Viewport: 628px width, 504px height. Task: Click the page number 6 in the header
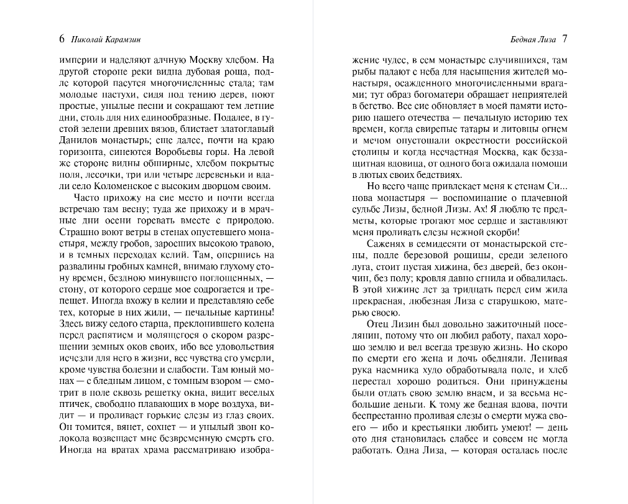(x=62, y=39)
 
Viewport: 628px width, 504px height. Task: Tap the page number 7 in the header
(x=564, y=39)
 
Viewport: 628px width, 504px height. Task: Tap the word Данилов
(x=77, y=139)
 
